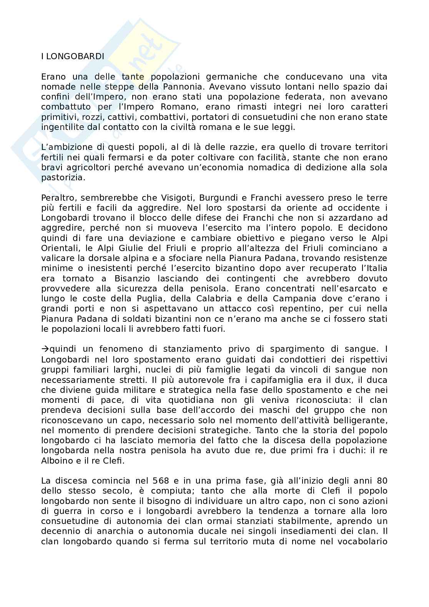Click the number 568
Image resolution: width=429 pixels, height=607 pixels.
[x=161, y=481]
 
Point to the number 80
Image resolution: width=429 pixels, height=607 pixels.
[x=382, y=481]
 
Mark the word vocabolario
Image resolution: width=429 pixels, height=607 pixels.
[x=362, y=541]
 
